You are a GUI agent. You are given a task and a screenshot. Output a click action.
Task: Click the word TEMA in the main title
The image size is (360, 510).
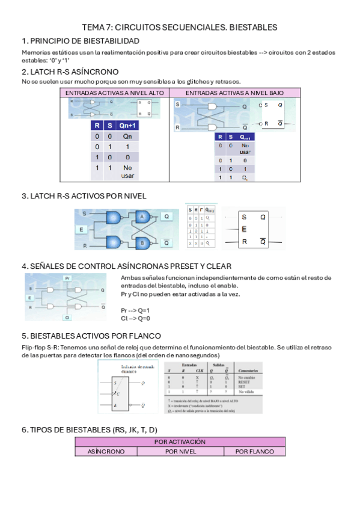click(x=93, y=28)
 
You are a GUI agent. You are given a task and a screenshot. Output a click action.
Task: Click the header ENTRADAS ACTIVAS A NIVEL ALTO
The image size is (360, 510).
click(x=114, y=93)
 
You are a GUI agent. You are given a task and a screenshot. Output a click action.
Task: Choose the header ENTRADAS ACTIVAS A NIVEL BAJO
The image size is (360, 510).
click(x=234, y=93)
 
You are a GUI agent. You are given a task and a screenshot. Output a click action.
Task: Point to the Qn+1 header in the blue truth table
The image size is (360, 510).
click(x=127, y=126)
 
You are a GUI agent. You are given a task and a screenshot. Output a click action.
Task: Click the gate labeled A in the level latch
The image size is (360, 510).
click(x=142, y=217)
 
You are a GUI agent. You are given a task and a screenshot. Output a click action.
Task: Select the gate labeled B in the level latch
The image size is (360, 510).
click(x=142, y=243)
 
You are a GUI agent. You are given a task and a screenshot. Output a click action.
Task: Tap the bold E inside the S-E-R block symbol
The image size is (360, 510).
click(x=243, y=229)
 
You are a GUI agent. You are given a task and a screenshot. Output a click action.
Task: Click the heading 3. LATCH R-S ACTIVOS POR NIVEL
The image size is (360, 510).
click(x=84, y=196)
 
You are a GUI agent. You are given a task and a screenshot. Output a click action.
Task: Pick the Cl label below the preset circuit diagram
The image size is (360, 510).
click(x=67, y=316)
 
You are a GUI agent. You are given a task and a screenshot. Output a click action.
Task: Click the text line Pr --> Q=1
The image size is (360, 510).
click(x=135, y=310)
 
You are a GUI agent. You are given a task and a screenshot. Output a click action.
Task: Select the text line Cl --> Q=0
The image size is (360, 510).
click(x=135, y=318)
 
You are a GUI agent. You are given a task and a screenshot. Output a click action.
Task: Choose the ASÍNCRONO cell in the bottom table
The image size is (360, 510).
click(x=106, y=451)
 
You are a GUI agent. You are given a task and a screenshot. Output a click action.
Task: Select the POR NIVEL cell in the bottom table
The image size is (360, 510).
click(x=180, y=451)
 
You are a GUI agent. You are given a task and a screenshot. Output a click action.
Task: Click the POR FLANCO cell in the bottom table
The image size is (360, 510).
click(x=254, y=451)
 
